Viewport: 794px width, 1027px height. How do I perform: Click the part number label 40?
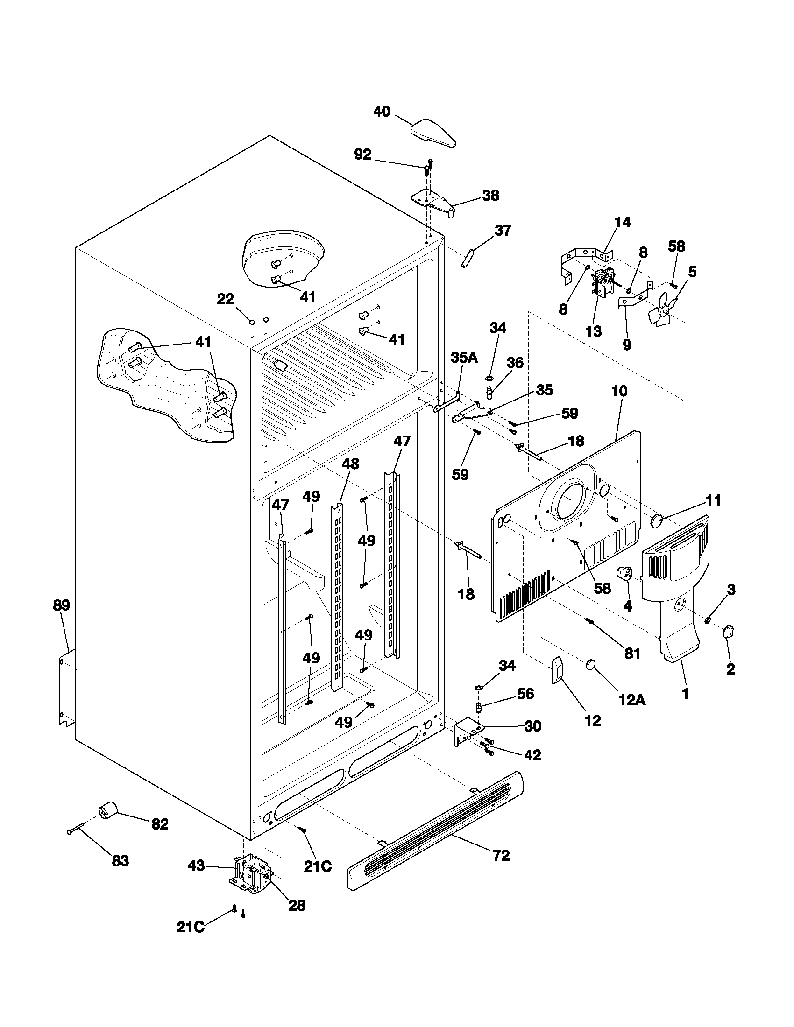(x=382, y=112)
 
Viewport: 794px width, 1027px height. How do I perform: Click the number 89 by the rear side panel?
(x=61, y=605)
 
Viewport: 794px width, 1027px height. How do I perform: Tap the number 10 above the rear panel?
(x=619, y=391)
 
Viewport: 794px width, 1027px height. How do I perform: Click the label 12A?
(x=631, y=700)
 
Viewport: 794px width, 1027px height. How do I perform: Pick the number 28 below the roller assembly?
(x=296, y=905)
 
